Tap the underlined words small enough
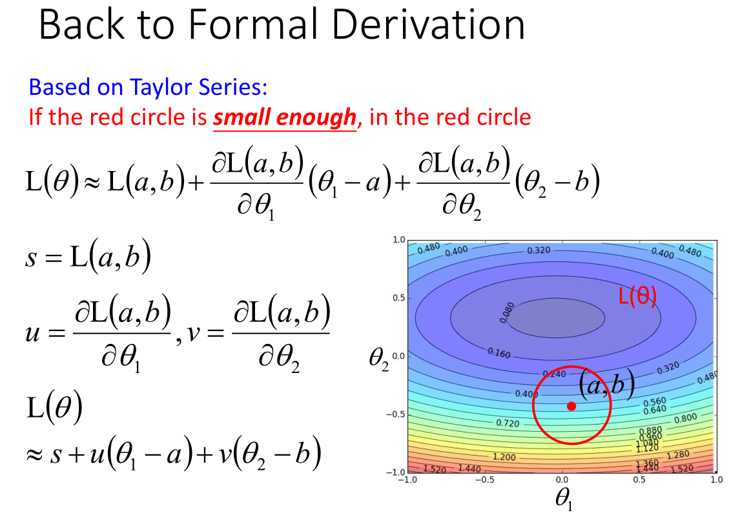click(x=284, y=117)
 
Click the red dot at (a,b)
click(x=571, y=406)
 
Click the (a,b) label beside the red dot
click(x=606, y=385)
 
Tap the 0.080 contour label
click(x=507, y=312)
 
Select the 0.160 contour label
click(x=499, y=353)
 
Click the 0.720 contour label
click(x=508, y=423)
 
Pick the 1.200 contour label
click(x=504, y=457)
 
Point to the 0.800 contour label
click(x=685, y=418)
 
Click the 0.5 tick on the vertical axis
click(x=399, y=298)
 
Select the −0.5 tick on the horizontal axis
click(x=484, y=480)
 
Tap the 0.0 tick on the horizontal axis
click(x=562, y=480)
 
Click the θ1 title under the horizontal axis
click(x=564, y=498)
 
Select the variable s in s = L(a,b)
click(x=31, y=258)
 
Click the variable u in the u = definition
click(x=32, y=334)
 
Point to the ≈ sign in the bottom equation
click(x=34, y=454)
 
